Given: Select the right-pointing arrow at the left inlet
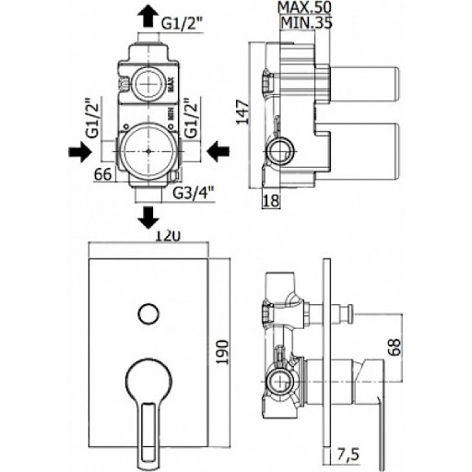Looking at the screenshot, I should click(80, 152).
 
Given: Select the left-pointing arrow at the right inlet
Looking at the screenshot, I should click(217, 152).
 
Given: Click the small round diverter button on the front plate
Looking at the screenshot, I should click(148, 313).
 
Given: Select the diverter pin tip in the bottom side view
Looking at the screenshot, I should click(347, 312).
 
